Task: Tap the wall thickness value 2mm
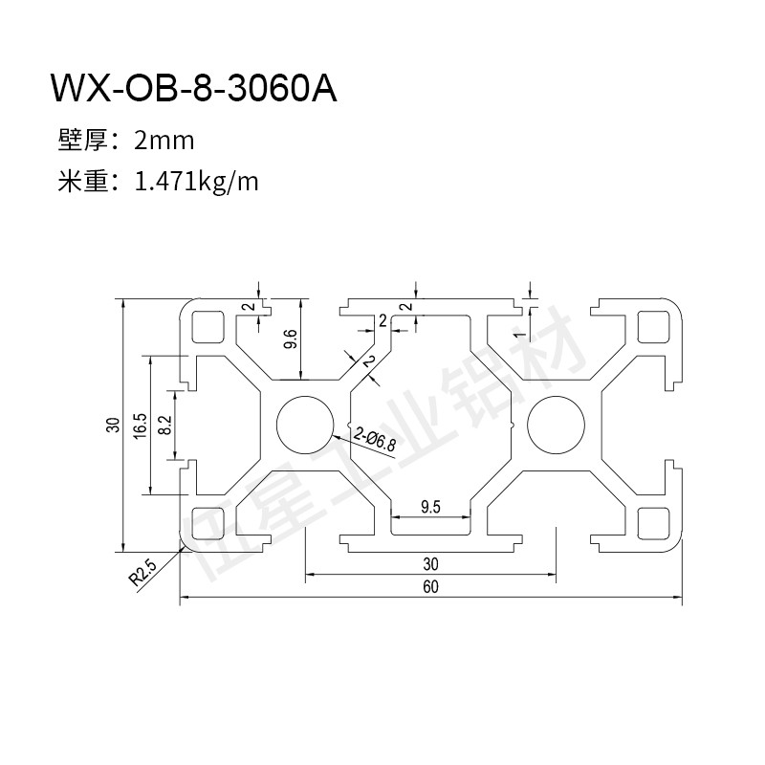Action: [164, 142]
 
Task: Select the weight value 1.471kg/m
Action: [198, 181]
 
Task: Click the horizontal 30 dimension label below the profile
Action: [430, 562]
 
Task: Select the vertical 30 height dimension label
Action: [112, 425]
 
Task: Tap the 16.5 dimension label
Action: [140, 425]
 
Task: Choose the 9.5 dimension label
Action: [430, 508]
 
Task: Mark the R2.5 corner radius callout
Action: [143, 574]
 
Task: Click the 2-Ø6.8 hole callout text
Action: [374, 441]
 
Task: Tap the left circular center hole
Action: [306, 424]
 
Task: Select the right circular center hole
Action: [555, 424]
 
